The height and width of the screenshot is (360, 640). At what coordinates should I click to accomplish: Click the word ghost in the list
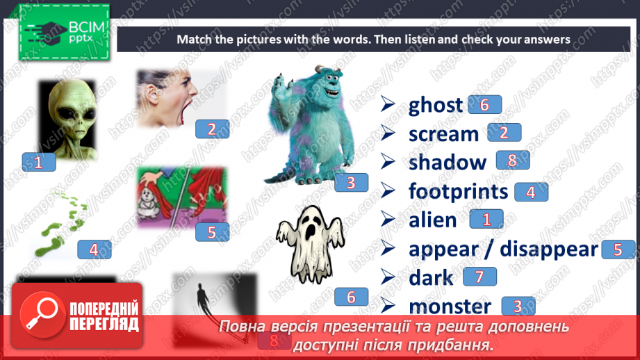point(435,105)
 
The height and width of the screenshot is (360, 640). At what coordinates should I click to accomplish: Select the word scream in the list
point(443,133)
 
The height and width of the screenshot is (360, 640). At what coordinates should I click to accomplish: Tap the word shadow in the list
point(448,162)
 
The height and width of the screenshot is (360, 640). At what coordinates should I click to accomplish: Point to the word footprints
point(459,191)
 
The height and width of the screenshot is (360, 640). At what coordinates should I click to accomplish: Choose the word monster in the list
point(450,306)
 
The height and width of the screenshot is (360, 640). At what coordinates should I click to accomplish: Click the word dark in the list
point(431,278)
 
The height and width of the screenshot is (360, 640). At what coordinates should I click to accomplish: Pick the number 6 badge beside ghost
point(484,104)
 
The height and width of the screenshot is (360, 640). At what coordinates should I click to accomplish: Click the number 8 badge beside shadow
point(513,161)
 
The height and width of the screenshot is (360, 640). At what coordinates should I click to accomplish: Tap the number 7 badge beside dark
point(479,277)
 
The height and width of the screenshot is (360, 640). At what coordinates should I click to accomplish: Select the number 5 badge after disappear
point(618,249)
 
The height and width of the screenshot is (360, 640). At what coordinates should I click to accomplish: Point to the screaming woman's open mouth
point(183,111)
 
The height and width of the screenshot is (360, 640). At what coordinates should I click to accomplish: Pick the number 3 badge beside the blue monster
point(351,183)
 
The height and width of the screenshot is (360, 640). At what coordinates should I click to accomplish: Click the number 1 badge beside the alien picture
point(38,162)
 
